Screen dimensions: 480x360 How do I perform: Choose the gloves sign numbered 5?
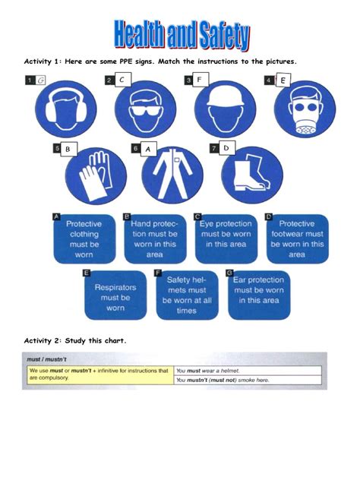click(x=96, y=173)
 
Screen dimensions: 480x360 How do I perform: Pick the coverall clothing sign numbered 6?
click(x=172, y=173)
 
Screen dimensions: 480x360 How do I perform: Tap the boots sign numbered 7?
click(x=251, y=173)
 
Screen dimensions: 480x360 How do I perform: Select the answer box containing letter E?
click(x=283, y=80)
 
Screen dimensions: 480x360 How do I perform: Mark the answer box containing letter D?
click(x=226, y=147)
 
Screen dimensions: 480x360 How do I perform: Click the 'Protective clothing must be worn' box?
click(x=83, y=239)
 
